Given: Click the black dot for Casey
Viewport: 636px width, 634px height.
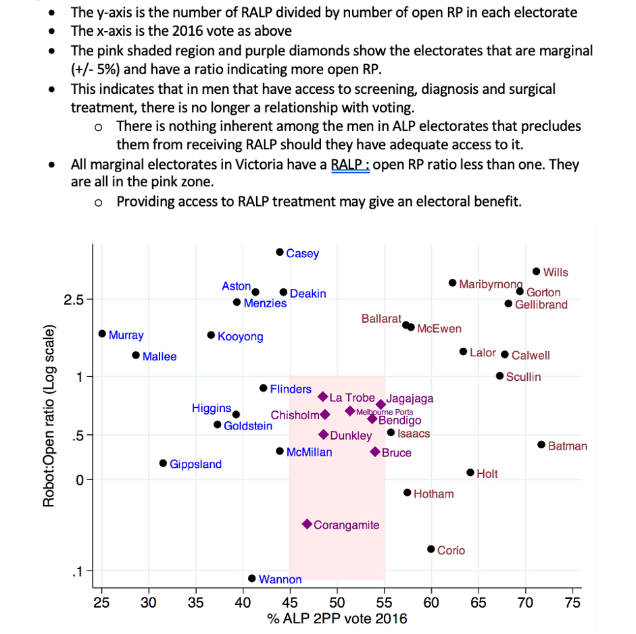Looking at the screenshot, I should pos(280,252).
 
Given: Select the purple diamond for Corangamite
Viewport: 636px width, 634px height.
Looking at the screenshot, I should pos(307,524).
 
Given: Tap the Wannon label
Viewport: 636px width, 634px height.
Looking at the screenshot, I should pos(280,579).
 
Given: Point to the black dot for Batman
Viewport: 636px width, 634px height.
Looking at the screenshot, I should pos(541,444).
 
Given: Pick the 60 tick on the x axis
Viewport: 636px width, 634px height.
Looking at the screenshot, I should pos(431,602).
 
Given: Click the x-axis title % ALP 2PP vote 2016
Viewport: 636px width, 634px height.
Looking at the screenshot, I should pos(337,618).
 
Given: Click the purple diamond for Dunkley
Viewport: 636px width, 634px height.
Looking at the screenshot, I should pos(324,435).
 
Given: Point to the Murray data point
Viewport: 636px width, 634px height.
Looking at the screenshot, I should pos(102,334).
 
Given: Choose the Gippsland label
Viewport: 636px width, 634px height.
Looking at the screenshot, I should pos(195,465).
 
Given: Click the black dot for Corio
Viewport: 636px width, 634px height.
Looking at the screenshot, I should pos(431,549).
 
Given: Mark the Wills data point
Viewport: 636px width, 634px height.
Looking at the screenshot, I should pos(536,271).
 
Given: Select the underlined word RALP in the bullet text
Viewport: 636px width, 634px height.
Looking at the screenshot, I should pos(349,165).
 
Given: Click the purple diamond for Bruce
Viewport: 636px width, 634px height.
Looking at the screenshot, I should pos(375,452).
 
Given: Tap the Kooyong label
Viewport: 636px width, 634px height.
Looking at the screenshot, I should pos(240,337).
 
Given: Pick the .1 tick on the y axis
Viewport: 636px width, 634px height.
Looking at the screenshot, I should pos(78,572).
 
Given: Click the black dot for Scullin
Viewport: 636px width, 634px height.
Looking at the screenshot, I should pos(499,375).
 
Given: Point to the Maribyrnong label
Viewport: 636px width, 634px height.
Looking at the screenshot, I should pos(491,284).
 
